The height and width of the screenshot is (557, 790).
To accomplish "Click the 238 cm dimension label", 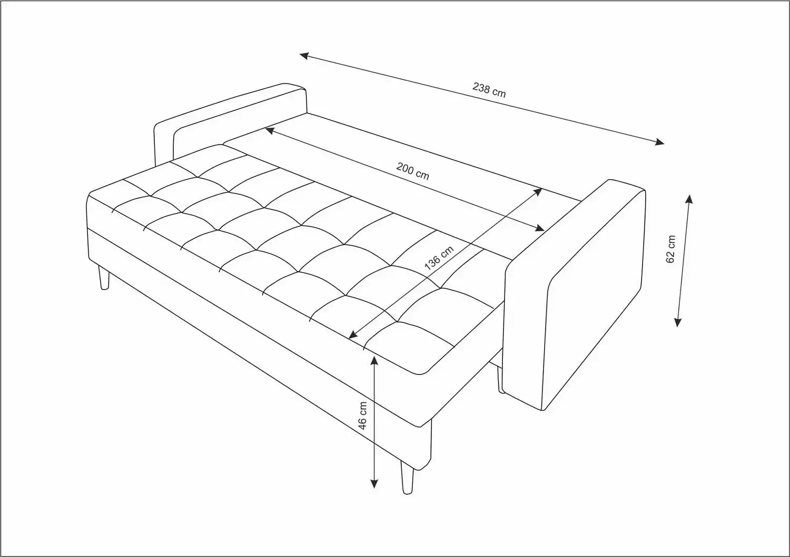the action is point(489,90).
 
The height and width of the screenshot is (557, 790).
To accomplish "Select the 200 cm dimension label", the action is point(412,171).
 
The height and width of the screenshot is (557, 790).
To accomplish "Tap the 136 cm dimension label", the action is point(439,258).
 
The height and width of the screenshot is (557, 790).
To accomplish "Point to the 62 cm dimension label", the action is point(670,249).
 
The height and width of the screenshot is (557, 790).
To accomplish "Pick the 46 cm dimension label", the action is point(362,416).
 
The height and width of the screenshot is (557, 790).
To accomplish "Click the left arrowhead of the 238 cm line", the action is point(304,56).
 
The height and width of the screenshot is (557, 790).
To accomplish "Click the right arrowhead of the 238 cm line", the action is point(659,142).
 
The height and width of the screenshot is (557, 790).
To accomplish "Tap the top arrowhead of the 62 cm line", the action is point(689,199).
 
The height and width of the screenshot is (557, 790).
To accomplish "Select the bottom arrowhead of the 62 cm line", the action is point(677,322).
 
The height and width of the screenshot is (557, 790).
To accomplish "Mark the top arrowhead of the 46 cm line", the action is point(374,360).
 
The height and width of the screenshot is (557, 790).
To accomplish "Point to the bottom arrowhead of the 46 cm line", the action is point(374,484).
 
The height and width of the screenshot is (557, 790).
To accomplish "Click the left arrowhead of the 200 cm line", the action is point(270,131).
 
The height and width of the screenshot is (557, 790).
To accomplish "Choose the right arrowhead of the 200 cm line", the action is point(539,228).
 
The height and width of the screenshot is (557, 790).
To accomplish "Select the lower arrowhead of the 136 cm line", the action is point(353,335).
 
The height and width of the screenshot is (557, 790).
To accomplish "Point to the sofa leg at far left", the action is point(104,278).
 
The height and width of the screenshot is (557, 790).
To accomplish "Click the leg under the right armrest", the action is point(500,380).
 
